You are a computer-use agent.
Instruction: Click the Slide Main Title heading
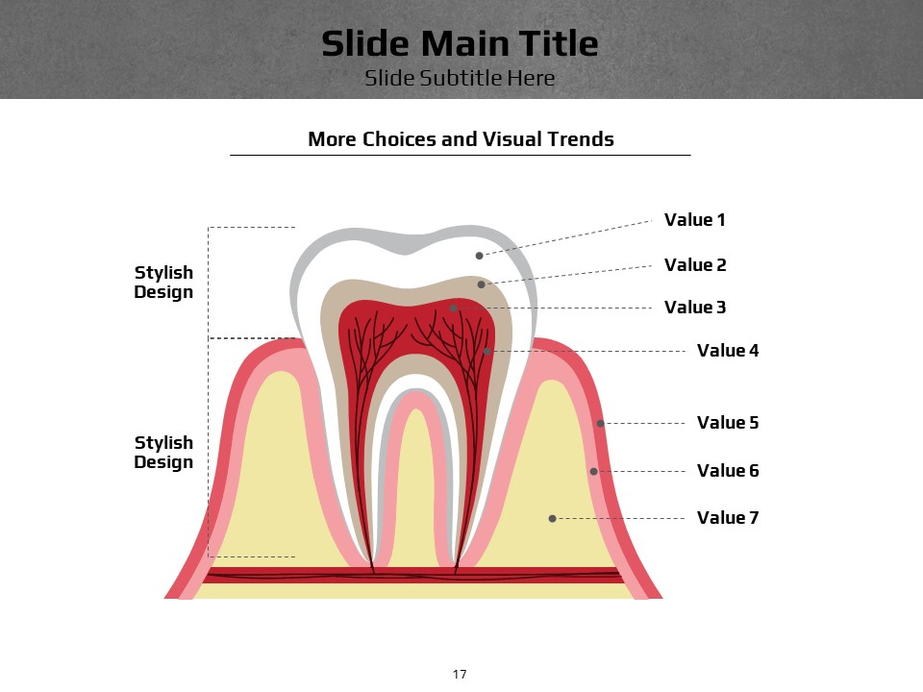[460, 43]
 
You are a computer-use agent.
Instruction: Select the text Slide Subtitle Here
[460, 78]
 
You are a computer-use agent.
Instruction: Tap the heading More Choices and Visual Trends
[461, 138]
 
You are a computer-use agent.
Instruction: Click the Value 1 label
[694, 219]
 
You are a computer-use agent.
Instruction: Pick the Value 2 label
[695, 265]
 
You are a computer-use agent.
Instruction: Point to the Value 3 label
[695, 308]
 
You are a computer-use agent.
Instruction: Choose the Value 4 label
[728, 351]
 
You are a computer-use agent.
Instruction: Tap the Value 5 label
[728, 423]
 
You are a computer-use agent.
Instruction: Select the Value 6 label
[728, 471]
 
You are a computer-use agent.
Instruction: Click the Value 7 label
[728, 518]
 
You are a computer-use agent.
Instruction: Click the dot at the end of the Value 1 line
[479, 256]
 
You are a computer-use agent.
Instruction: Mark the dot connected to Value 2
[481, 284]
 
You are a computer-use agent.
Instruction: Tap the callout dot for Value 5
[600, 423]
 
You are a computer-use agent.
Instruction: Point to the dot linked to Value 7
[552, 518]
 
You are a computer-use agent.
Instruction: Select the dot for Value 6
[593, 471]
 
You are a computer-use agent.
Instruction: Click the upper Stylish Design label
[163, 282]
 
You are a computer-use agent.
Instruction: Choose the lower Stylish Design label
[163, 452]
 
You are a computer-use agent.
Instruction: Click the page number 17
[460, 675]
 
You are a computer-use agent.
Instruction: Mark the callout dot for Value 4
[486, 352]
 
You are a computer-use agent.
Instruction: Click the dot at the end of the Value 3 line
[453, 308]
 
